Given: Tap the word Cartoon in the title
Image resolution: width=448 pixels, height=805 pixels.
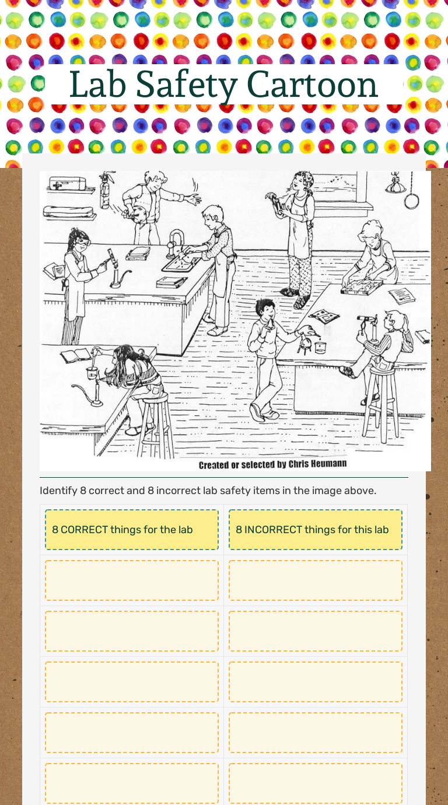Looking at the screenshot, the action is [x=312, y=85].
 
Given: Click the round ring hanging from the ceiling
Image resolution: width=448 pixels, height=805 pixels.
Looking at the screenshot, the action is [x=411, y=201].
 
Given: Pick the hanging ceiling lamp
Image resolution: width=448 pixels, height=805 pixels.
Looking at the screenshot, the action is [x=395, y=183].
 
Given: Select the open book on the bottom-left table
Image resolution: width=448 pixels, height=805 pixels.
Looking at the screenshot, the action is [x=76, y=355].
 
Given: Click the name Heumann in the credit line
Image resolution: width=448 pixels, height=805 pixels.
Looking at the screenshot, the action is [x=329, y=464].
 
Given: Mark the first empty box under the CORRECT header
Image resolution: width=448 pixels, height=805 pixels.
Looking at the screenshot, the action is [x=131, y=580].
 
